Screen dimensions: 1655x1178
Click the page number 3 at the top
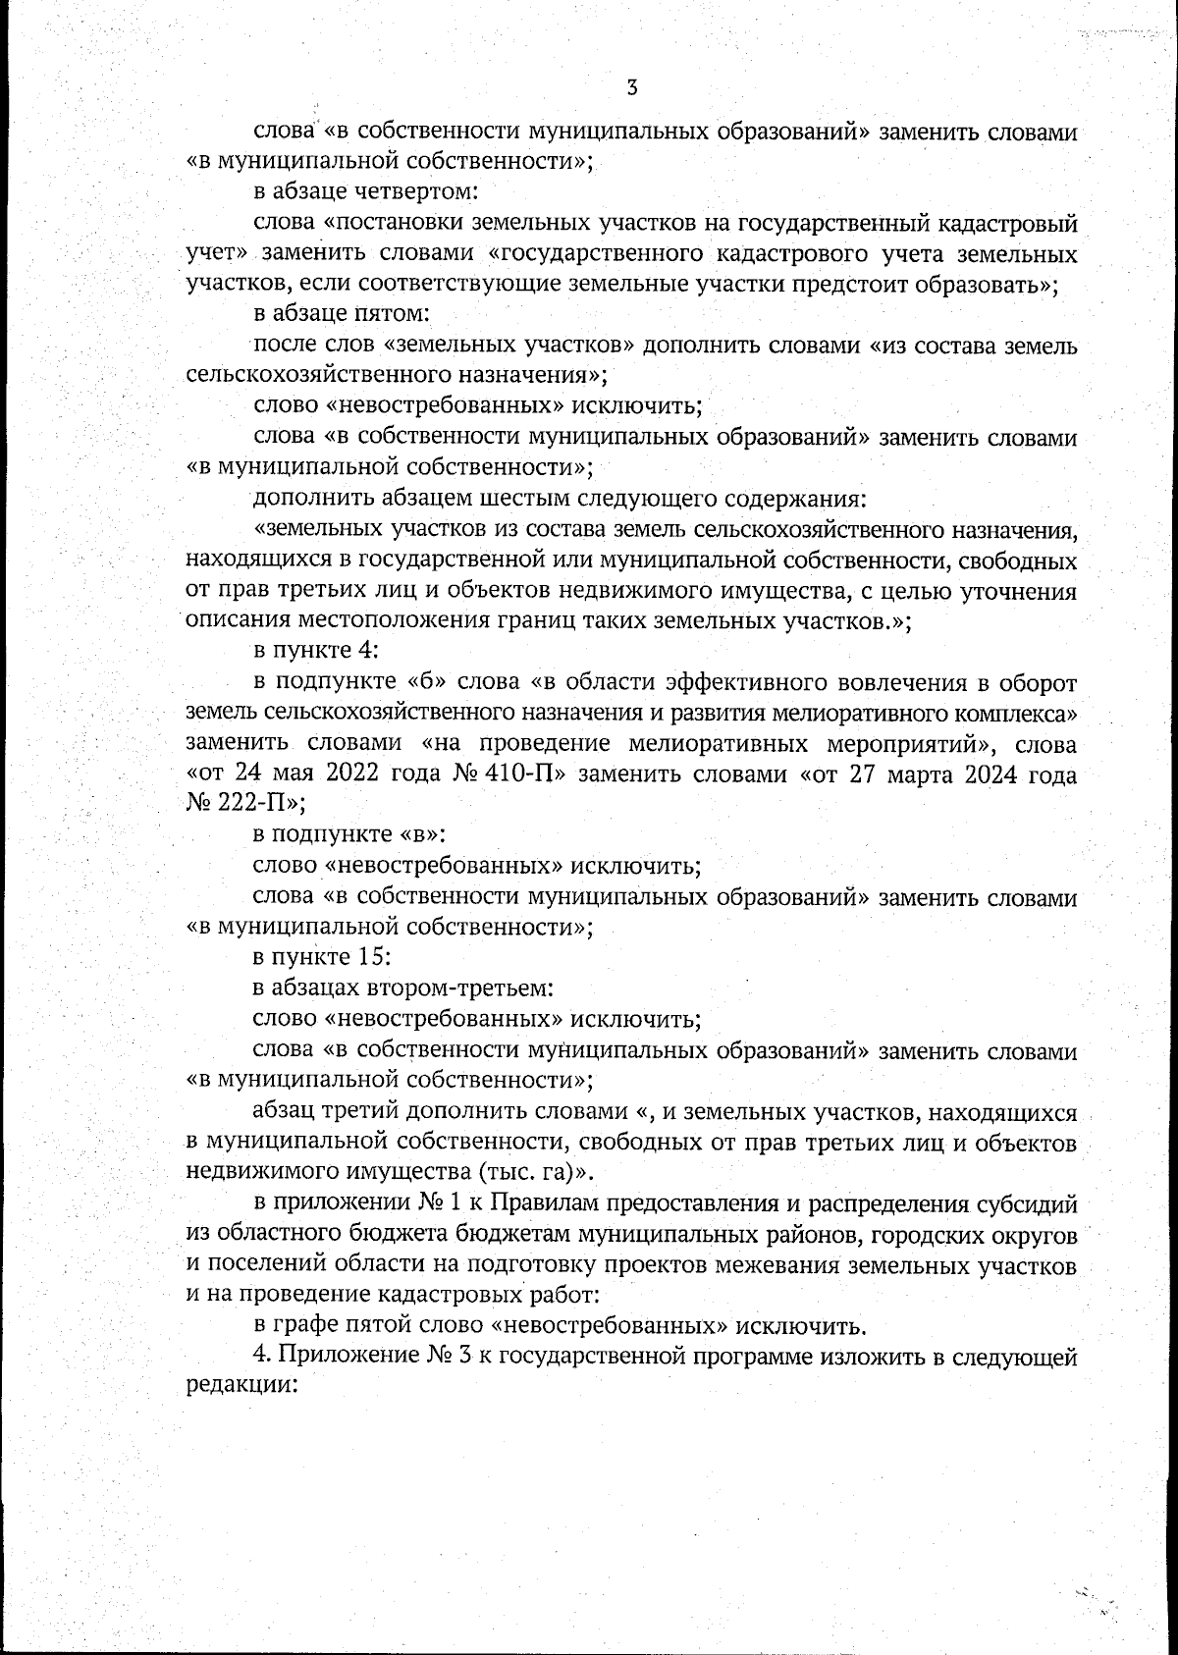(x=632, y=87)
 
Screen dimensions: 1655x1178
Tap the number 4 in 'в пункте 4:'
(x=357, y=651)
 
